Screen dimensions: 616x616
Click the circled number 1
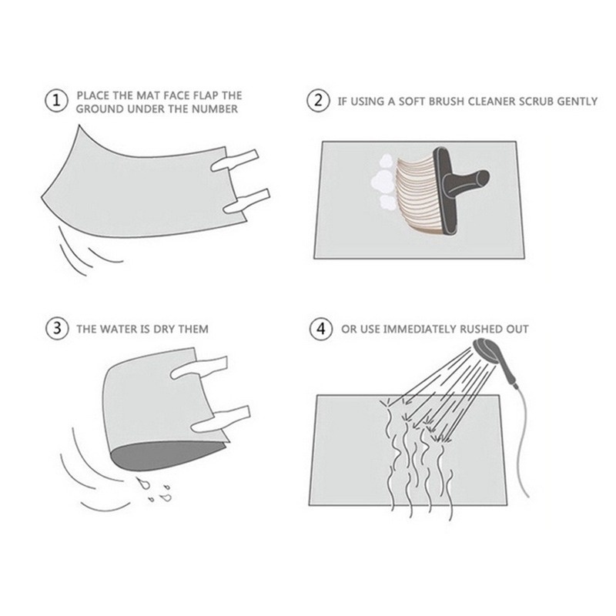pos(56,101)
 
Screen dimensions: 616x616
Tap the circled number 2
pos(318,101)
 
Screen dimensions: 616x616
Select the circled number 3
pos(56,328)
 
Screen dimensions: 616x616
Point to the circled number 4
pos(321,329)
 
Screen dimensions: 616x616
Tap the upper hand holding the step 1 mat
pos(235,160)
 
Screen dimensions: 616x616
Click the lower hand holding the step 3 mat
pos(220,419)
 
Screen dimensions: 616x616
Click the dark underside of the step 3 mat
pos(165,455)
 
